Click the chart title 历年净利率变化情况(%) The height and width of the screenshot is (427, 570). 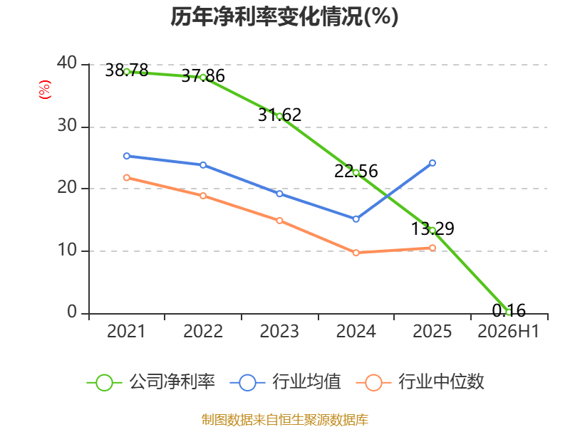point(284,16)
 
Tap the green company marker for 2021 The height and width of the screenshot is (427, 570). point(127,72)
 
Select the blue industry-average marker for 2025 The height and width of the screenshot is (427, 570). point(432,163)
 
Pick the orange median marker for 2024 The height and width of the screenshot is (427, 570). point(356,253)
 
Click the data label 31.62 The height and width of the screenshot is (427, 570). point(279,115)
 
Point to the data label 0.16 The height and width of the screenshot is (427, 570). point(509,310)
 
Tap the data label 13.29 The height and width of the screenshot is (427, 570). point(432,228)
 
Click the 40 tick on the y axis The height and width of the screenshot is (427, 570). point(67,63)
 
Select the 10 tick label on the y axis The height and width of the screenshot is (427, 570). point(67,251)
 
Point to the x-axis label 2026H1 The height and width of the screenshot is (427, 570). point(508,332)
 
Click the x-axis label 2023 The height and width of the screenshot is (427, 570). point(279,332)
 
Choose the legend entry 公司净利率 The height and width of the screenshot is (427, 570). point(151,382)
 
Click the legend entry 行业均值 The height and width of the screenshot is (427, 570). point(286,382)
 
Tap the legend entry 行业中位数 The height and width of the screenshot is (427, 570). point(420,382)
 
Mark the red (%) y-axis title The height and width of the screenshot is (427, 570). point(45,90)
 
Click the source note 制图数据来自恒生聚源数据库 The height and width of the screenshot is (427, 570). point(284,420)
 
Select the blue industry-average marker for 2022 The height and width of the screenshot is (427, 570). point(203,165)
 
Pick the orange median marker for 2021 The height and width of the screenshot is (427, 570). point(127,177)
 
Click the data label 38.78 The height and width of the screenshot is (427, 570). point(127,70)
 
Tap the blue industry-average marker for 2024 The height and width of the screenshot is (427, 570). point(356,219)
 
